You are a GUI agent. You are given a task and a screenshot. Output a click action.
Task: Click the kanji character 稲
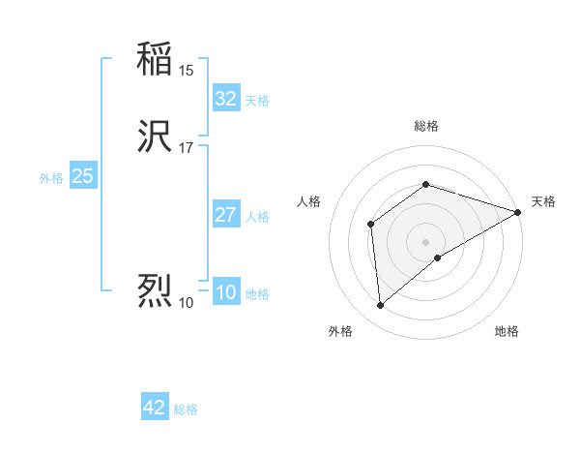(x=155, y=59)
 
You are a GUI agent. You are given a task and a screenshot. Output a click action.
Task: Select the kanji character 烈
(x=155, y=291)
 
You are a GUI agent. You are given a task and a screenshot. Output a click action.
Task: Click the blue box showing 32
(x=226, y=99)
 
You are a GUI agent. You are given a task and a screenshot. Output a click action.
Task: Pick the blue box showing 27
(x=226, y=215)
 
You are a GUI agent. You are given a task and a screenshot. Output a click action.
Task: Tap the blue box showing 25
(x=82, y=176)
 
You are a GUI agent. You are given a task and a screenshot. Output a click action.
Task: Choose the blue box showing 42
(x=155, y=408)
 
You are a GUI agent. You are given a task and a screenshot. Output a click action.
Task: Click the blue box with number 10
(x=226, y=293)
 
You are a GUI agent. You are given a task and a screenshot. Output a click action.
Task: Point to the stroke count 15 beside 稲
(x=186, y=70)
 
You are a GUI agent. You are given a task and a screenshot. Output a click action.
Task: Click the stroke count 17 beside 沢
(x=186, y=148)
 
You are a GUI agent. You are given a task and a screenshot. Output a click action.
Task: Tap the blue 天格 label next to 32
(x=257, y=101)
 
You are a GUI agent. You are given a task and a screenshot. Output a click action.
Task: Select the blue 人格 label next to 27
(x=257, y=217)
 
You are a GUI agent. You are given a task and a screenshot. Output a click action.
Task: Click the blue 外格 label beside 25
(x=51, y=178)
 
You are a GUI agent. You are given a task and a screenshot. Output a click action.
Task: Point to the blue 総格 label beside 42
(x=186, y=409)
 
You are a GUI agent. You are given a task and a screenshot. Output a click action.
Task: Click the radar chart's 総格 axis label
(x=425, y=126)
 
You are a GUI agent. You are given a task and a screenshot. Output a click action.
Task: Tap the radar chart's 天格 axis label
(x=543, y=201)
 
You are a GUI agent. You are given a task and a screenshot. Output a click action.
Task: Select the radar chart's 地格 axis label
(x=507, y=331)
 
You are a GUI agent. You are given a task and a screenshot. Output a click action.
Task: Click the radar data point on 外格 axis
(x=381, y=306)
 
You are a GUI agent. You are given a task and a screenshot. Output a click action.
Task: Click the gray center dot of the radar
(x=425, y=242)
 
